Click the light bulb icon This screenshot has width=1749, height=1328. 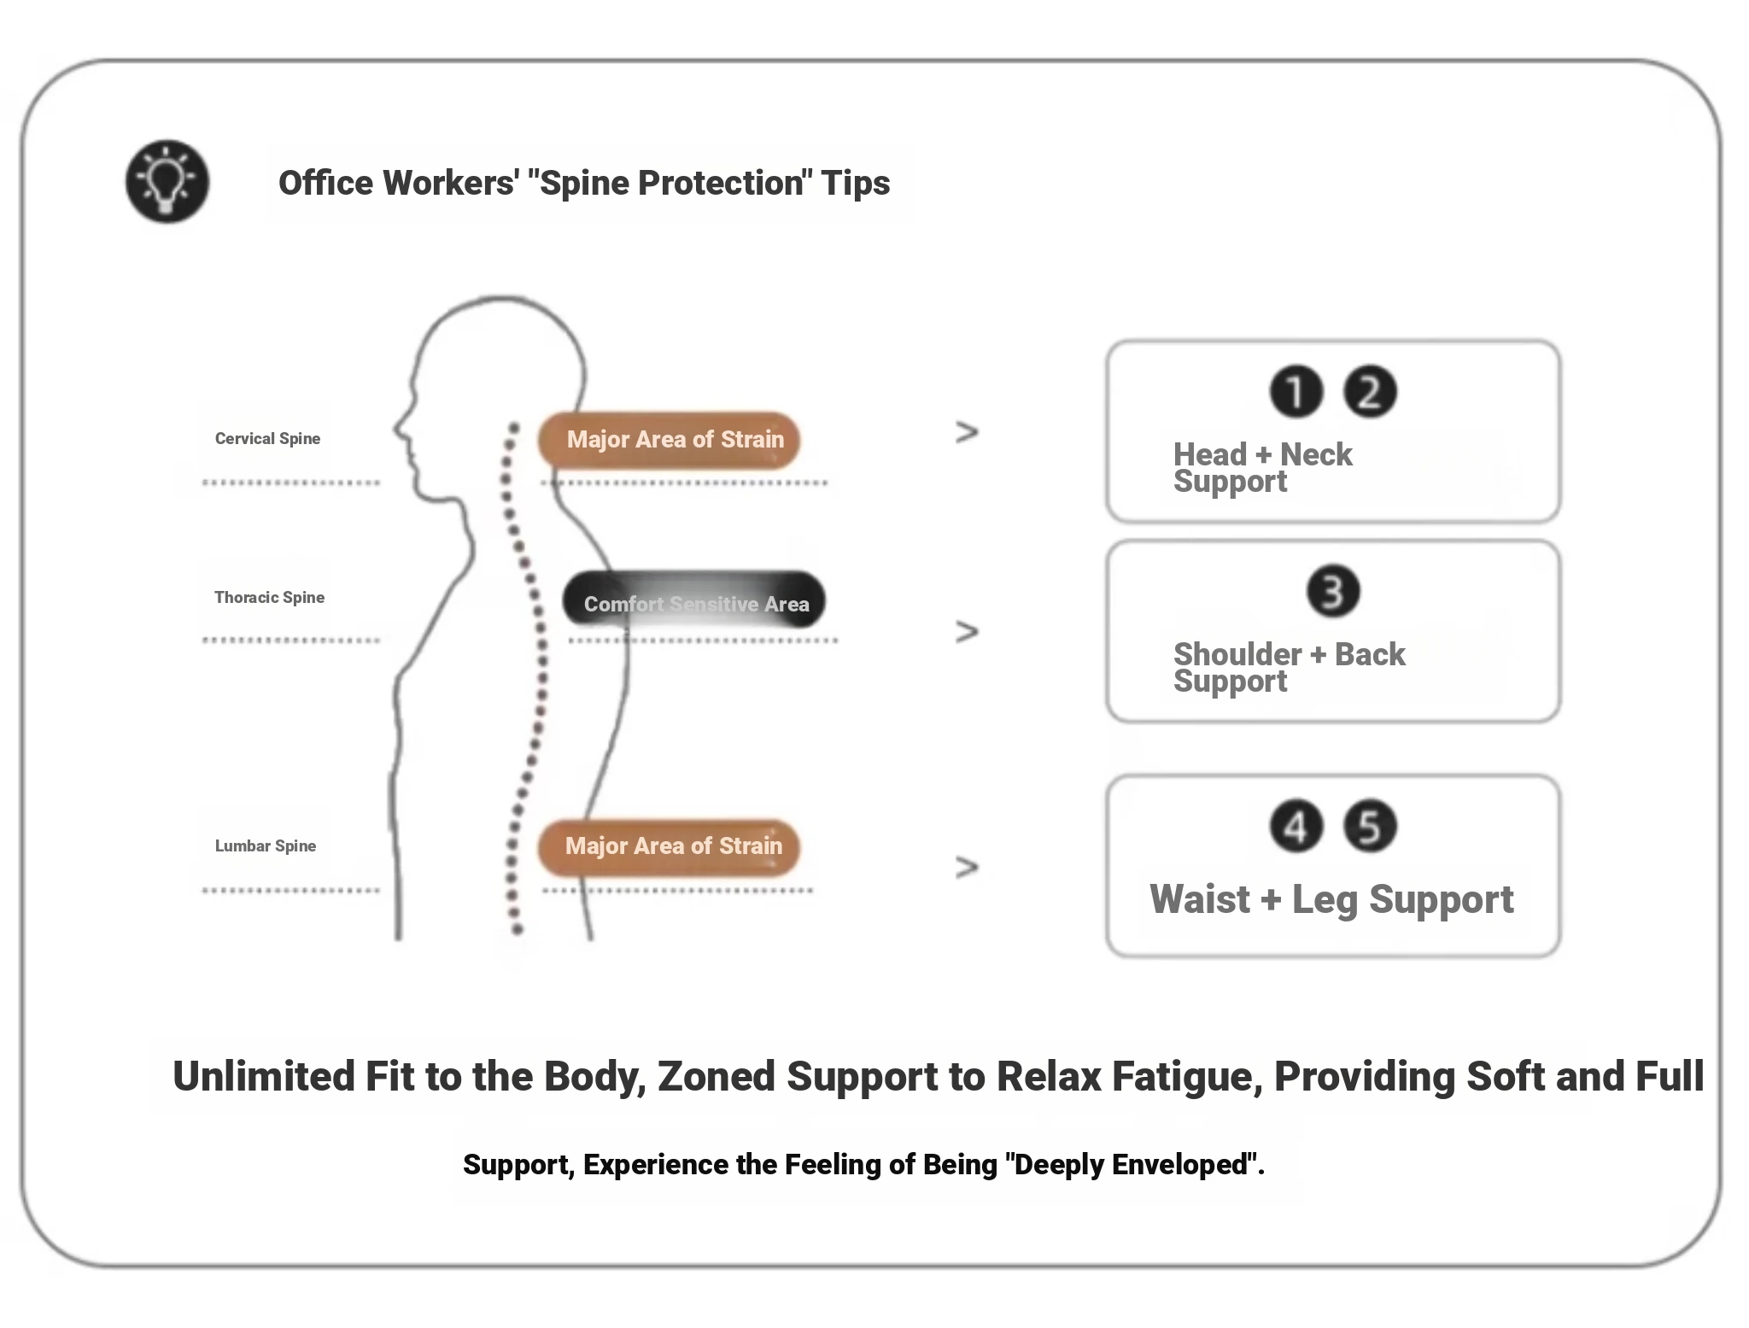point(167,182)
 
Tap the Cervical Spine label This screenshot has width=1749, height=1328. point(267,439)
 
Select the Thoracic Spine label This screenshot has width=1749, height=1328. point(269,598)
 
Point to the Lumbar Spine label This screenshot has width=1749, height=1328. point(265,846)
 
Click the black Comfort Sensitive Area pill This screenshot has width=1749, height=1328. point(693,601)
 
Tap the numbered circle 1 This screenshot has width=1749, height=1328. point(1296,392)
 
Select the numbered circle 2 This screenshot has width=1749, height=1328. point(1370,392)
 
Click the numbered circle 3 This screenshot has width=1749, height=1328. point(1333,591)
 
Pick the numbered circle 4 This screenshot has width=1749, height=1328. point(1296,826)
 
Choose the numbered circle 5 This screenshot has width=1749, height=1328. point(1370,826)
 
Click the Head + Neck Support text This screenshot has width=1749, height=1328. point(1262,467)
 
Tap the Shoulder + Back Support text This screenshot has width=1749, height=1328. point(1289,667)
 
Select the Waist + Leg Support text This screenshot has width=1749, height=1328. point(1331,899)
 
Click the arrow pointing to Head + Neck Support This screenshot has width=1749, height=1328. point(967,432)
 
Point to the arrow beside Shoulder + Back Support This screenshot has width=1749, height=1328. point(967,632)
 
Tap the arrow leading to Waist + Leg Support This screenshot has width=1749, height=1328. point(967,867)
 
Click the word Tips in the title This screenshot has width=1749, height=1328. point(855,183)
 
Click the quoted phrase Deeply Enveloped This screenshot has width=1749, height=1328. point(1131,1165)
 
